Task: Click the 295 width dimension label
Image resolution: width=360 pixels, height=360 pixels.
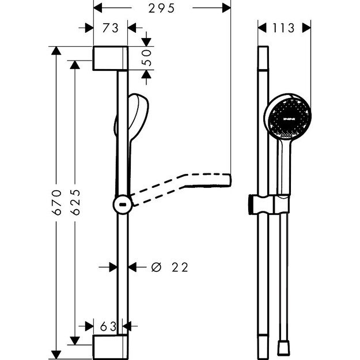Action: click(161, 8)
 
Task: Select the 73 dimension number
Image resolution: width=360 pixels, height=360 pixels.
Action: click(111, 28)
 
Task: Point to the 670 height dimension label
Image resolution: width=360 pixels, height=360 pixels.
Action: click(55, 202)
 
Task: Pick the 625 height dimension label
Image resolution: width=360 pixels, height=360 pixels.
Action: click(74, 202)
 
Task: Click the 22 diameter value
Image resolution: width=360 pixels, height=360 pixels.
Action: click(179, 267)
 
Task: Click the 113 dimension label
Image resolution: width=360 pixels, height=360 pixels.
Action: click(284, 28)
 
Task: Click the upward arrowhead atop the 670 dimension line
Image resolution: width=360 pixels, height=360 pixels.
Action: click(55, 51)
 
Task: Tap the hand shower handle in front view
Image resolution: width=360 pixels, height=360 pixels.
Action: click(282, 167)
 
